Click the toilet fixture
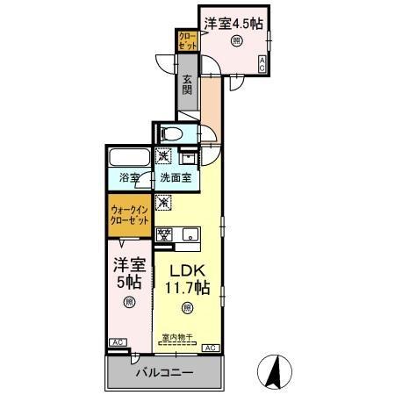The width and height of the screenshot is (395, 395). [172, 134]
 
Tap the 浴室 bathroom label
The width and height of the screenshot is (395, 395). [130, 178]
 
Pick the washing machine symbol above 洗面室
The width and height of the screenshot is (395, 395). [163, 156]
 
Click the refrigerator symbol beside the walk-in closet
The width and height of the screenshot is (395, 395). [163, 203]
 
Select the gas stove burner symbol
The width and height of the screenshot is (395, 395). [163, 233]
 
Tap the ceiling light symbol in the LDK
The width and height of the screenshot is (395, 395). [185, 307]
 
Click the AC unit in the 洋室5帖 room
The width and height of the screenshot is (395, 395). [118, 342]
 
